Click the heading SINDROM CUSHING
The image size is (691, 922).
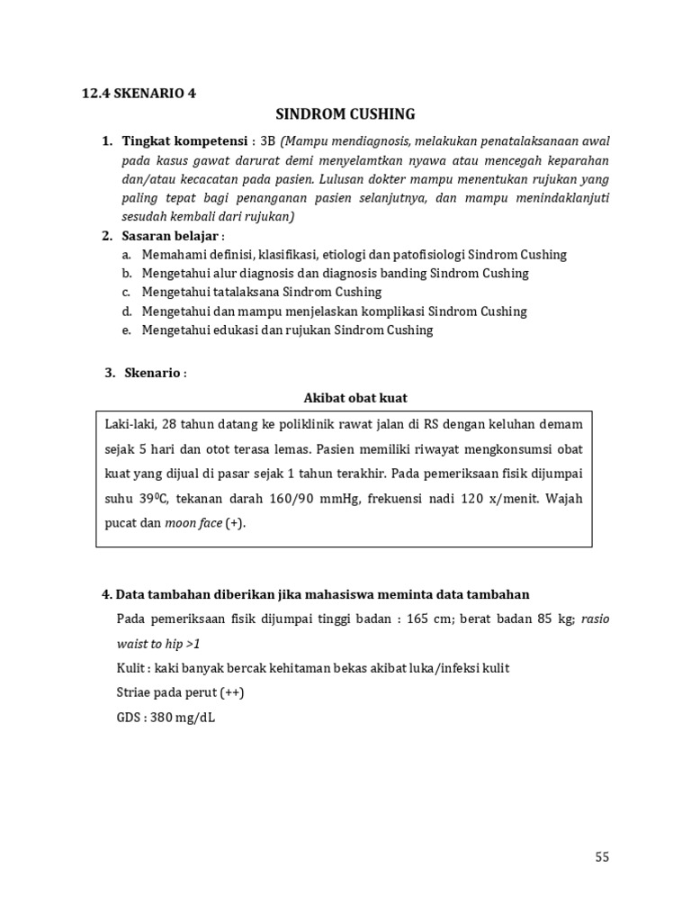pos(345,114)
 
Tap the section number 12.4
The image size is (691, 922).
pos(95,92)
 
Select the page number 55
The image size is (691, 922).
pos(602,857)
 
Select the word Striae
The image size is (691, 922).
pos(136,693)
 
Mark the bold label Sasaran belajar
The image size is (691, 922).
pos(167,236)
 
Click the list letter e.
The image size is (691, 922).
pos(127,330)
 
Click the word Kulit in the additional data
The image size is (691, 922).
pos(132,668)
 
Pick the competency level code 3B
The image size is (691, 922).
pos(267,141)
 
